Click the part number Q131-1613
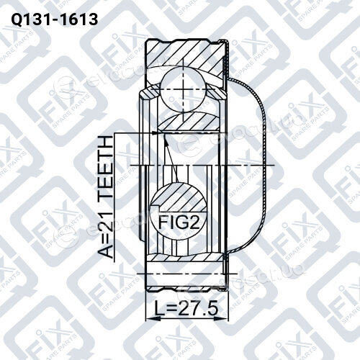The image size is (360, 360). pos(55,19)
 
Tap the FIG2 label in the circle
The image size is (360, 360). pos(179,222)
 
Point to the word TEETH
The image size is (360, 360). pos(106,167)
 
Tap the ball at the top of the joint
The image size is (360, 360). pos(183,89)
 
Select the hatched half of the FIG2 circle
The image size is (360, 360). pos(178,197)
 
